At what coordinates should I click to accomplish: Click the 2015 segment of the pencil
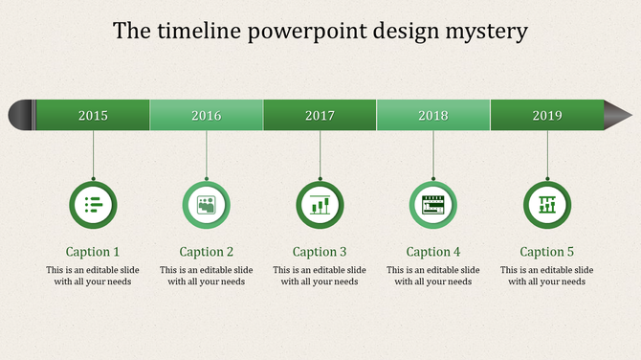pos(93,116)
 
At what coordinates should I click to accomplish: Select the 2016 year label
pos(207,116)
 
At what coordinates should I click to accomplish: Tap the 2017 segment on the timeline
pos(320,116)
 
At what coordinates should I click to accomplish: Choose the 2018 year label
pos(433,116)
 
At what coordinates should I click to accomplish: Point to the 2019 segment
pos(547,116)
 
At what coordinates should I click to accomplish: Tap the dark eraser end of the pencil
pos(21,115)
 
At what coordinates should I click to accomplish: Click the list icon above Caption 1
pos(93,204)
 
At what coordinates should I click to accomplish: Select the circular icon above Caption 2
pos(207,204)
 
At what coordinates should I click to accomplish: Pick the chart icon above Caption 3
pos(320,204)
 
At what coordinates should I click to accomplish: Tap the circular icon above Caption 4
pos(433,204)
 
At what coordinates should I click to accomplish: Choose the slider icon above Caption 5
pos(547,204)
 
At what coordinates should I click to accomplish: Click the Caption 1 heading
pos(93,252)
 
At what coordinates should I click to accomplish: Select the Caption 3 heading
pos(320,252)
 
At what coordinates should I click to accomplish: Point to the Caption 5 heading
pos(547,252)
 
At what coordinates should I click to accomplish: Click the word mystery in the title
pos(485,31)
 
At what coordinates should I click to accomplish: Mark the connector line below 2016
pos(207,154)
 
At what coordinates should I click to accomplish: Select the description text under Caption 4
pos(433,276)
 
